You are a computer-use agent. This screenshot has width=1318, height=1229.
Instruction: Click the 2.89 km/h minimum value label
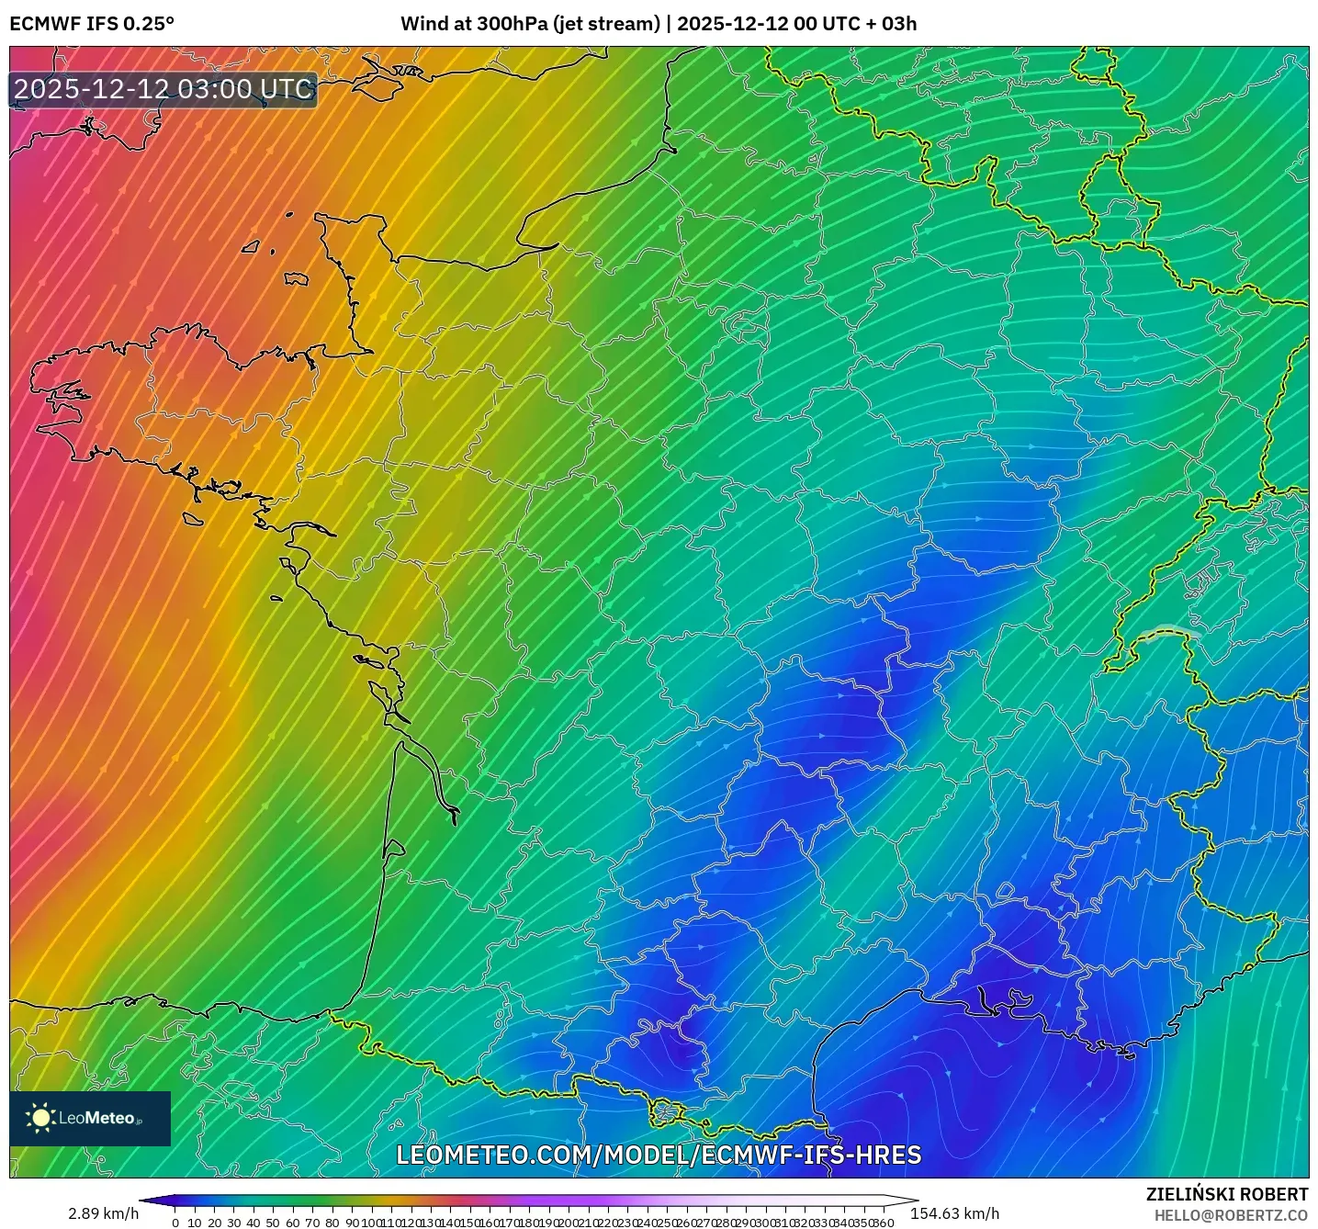103,1213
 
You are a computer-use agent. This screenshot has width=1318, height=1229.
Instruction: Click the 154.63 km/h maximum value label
954,1213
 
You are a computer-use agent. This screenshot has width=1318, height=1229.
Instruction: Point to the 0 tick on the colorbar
175,1223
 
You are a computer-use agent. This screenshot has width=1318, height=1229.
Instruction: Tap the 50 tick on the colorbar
273,1223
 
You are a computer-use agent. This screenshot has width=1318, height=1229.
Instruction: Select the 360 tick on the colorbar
883,1223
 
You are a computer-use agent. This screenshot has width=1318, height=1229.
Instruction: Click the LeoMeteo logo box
90,1118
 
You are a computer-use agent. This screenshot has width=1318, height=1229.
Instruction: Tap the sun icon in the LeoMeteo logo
40,1118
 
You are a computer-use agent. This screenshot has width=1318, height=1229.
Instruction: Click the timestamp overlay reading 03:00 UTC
163,89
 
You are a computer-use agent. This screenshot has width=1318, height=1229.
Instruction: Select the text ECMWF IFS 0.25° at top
91,24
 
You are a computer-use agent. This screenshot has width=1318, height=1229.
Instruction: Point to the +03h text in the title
896,24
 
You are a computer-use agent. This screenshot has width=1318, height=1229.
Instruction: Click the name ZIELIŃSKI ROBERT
1227,1194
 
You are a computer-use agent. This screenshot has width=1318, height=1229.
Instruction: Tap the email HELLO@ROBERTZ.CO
1231,1215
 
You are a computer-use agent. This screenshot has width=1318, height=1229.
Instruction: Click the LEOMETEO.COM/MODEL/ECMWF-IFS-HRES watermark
659,1155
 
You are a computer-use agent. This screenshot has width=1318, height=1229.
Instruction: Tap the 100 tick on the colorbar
370,1223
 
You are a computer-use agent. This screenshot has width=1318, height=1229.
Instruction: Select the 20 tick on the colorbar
214,1223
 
